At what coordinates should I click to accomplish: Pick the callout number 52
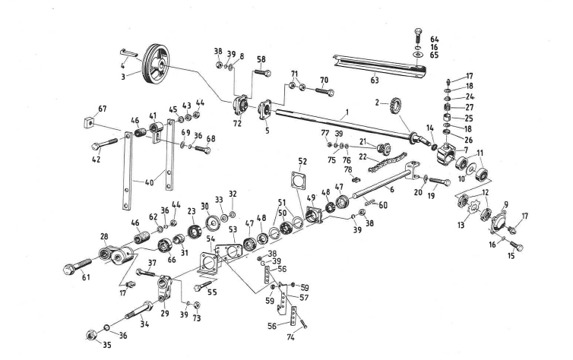coord(302,162)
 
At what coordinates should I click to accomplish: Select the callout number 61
coord(86,276)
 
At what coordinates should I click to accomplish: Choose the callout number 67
coord(102,109)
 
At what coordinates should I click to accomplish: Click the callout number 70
coord(324,80)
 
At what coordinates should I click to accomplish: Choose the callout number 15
coord(511,255)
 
